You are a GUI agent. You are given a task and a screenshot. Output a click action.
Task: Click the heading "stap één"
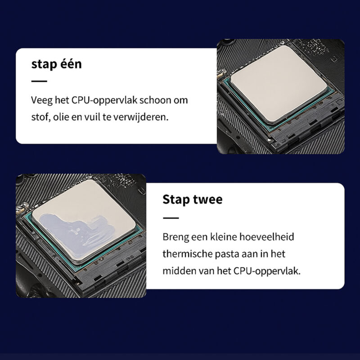(x=57, y=64)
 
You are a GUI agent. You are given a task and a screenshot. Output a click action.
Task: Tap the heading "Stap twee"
(x=193, y=199)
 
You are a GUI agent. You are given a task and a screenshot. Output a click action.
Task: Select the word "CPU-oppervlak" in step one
(x=104, y=100)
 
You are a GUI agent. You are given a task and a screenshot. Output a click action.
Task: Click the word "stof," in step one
(x=40, y=117)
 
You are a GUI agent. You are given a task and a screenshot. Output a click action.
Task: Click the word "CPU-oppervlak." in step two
(x=267, y=271)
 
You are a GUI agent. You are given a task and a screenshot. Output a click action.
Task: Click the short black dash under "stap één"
(x=39, y=81)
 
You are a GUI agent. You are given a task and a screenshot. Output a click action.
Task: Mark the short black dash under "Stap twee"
(x=171, y=218)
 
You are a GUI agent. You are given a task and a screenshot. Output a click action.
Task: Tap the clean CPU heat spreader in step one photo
(x=279, y=83)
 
